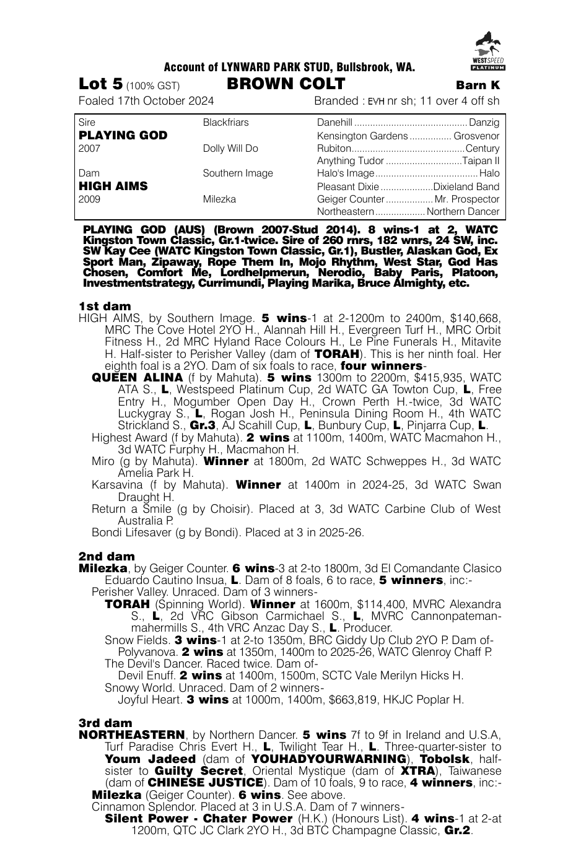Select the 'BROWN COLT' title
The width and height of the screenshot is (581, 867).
pyautogui.click(x=286, y=84)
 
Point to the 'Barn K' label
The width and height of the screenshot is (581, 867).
pyautogui.click(x=478, y=85)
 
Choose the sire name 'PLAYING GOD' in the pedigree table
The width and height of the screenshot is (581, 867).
pyautogui.click(x=123, y=136)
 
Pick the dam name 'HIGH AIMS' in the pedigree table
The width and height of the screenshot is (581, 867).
pyautogui.click(x=113, y=186)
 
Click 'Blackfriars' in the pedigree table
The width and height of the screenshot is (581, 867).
pyautogui.click(x=225, y=123)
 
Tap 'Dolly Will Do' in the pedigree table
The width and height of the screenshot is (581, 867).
pyautogui.click(x=230, y=149)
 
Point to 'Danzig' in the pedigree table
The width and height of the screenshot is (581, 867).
pyautogui.click(x=484, y=123)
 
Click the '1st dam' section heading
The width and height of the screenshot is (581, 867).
pyautogui.click(x=105, y=306)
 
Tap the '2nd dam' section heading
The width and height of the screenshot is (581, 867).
pyautogui.click(x=107, y=556)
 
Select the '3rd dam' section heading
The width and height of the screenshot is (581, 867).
pyautogui.click(x=105, y=723)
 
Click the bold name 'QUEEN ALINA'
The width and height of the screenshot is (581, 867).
pyautogui.click(x=137, y=378)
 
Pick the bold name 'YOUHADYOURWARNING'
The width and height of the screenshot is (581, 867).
pyautogui.click(x=328, y=759)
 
